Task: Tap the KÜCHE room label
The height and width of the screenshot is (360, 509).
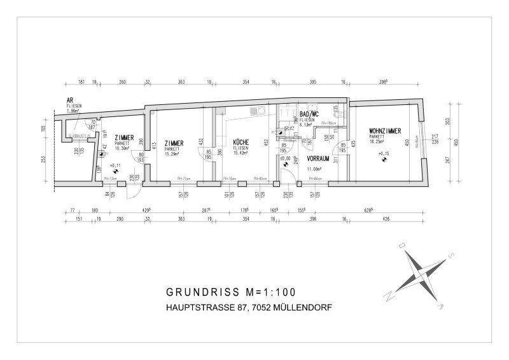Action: (241, 142)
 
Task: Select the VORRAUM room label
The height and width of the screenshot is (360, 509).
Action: (317, 158)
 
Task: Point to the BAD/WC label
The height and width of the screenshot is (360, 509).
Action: (310, 113)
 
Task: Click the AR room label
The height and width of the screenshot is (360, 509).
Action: (70, 100)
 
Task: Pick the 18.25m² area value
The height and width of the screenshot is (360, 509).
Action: (377, 141)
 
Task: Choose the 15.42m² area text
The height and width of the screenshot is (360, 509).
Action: (241, 153)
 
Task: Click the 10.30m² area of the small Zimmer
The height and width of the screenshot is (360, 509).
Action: (123, 148)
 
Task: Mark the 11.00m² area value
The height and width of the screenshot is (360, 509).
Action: (315, 169)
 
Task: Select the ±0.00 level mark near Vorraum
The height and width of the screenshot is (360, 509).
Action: (284, 158)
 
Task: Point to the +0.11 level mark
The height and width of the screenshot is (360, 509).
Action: (115, 165)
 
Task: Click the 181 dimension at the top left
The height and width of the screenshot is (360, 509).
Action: (81, 82)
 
